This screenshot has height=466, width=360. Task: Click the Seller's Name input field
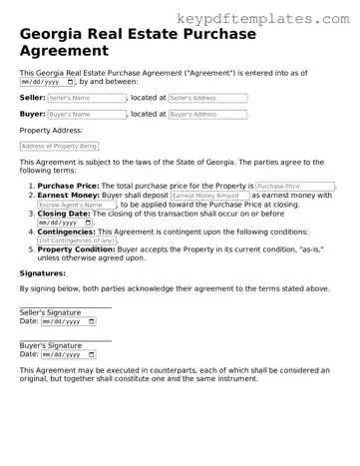click(x=87, y=99)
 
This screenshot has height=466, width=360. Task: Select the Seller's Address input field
click(x=206, y=99)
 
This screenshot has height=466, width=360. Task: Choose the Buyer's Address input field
click(x=206, y=115)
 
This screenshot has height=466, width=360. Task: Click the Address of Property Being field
click(x=59, y=146)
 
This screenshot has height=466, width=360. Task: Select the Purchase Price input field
click(x=295, y=187)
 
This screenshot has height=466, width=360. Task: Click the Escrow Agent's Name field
click(x=76, y=206)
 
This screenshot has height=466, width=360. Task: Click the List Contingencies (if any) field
click(x=76, y=240)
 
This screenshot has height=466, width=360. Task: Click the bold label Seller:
click(x=32, y=99)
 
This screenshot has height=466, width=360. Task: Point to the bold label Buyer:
click(x=32, y=115)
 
